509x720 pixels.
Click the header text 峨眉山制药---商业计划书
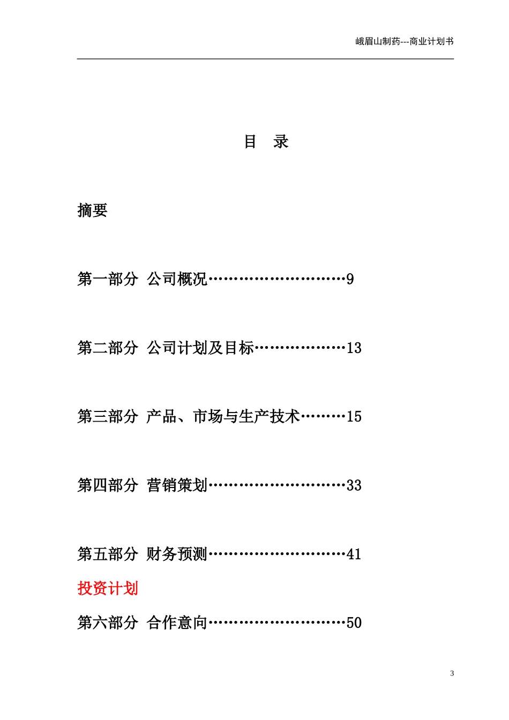point(405,41)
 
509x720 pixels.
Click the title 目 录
point(266,142)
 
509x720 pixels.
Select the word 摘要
point(92,211)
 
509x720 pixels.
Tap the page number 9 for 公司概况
point(350,279)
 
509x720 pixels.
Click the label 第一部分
point(108,279)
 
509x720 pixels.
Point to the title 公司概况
point(177,279)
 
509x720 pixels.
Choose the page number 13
point(354,348)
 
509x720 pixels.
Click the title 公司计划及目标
point(200,348)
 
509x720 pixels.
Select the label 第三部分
point(108,417)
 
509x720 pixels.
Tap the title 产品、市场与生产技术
point(223,417)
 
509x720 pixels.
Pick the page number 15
point(354,417)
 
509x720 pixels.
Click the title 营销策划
point(177,485)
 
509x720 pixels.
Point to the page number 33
point(354,485)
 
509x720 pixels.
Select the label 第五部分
point(108,554)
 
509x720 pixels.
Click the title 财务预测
point(177,554)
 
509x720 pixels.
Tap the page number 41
point(354,554)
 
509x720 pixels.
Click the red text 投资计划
point(108,588)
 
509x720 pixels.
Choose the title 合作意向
point(177,622)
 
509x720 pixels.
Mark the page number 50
point(354,622)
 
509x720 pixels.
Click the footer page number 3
point(452,673)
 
